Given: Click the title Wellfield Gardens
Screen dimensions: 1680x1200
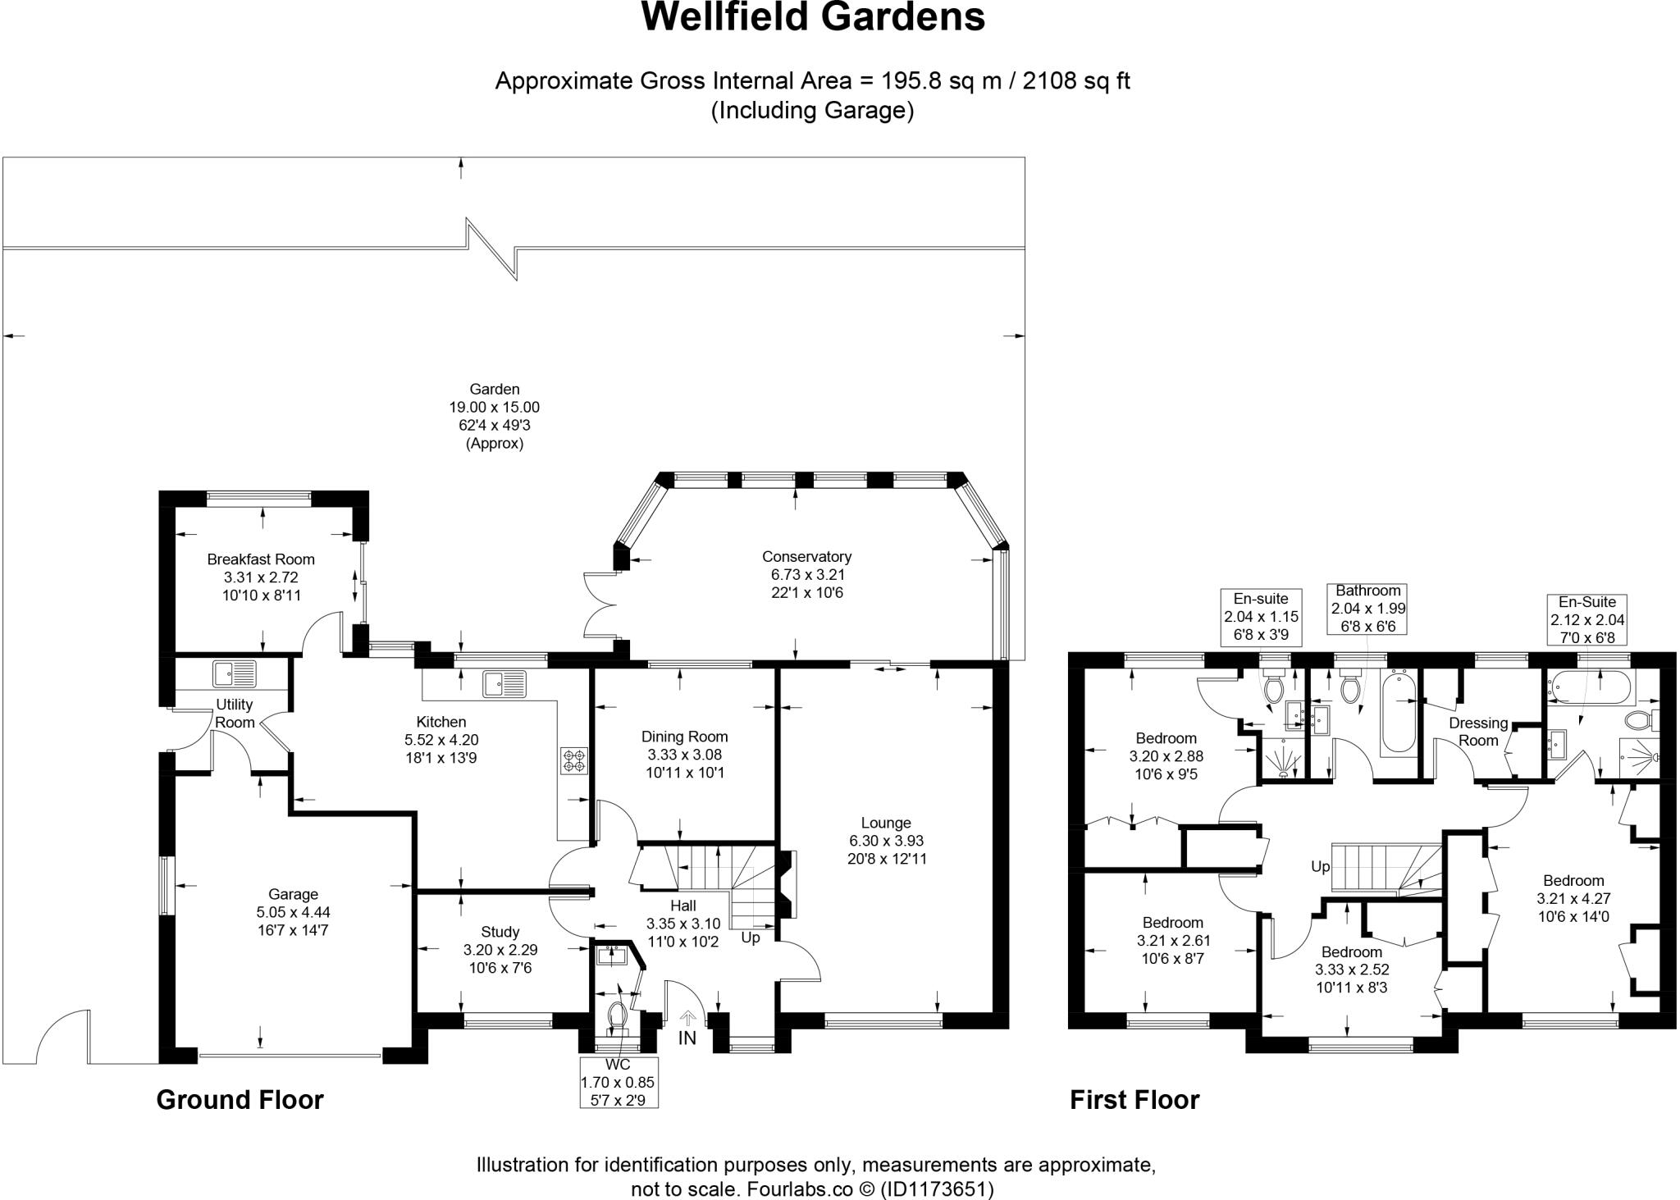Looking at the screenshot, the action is tap(812, 17).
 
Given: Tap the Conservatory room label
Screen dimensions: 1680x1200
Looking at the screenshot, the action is tap(806, 557).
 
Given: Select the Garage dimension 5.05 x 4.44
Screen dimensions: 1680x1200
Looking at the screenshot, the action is tap(293, 912).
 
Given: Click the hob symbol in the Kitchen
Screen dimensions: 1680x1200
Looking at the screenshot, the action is tap(573, 760).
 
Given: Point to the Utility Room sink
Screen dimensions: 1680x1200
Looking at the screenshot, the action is tap(235, 673).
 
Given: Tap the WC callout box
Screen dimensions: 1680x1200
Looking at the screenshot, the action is tap(618, 1082).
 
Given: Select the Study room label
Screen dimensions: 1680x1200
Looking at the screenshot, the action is tap(500, 932).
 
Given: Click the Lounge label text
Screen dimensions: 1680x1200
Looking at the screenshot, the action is tap(886, 823).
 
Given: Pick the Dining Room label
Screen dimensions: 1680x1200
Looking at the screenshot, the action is tap(684, 737).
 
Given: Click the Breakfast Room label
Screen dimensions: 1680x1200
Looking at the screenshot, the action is tap(261, 559).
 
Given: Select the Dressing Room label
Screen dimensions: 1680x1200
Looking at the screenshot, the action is tap(1478, 732).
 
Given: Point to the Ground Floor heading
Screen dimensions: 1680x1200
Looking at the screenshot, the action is tap(240, 1100).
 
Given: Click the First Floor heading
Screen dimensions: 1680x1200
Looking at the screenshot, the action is tap(1134, 1100).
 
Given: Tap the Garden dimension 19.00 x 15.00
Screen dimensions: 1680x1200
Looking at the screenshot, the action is tap(494, 408).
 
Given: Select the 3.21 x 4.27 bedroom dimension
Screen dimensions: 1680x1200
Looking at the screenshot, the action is tap(1573, 899).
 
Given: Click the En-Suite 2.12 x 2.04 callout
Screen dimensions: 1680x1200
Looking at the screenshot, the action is tap(1586, 620).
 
